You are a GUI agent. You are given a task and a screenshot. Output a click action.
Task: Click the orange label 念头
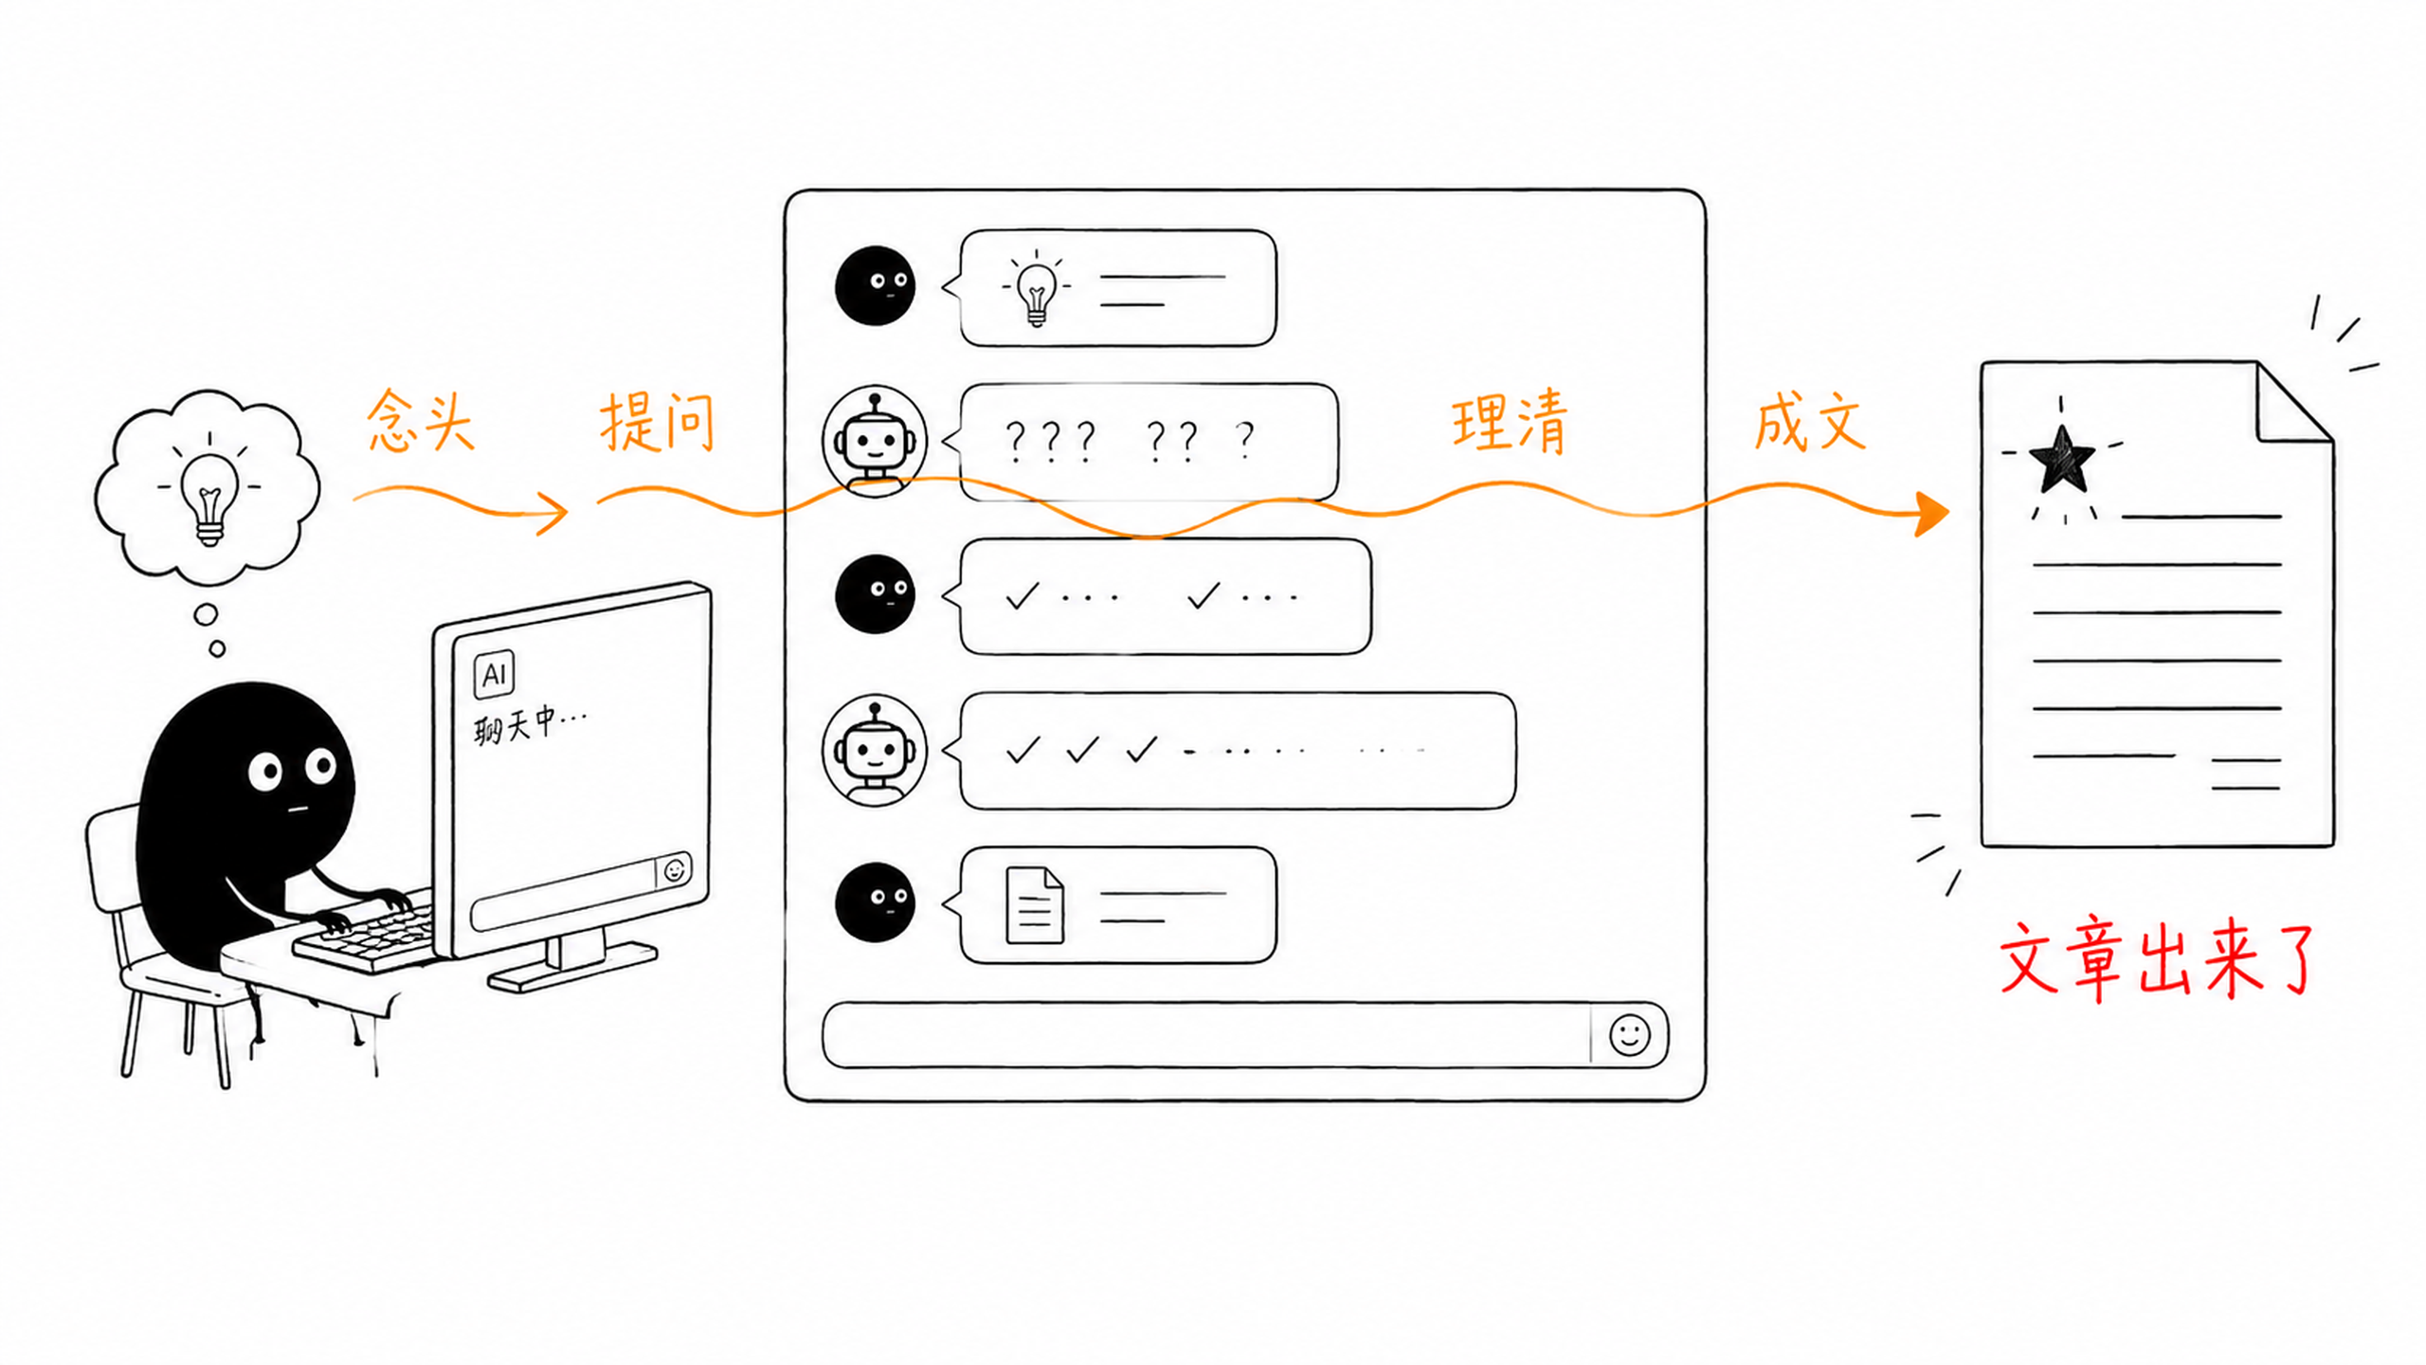pos(421,419)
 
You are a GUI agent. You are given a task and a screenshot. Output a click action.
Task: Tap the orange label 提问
pos(657,421)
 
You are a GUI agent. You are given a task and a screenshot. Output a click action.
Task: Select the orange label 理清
pos(1510,421)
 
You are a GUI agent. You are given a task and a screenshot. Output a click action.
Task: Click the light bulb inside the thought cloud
pos(209,499)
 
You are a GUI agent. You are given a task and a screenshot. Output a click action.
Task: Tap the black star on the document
pos(2061,461)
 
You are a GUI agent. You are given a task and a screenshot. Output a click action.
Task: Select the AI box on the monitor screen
pos(494,674)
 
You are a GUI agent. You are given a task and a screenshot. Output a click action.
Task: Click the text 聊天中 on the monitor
pos(517,725)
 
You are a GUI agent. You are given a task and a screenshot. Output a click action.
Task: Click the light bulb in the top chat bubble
pos(1036,289)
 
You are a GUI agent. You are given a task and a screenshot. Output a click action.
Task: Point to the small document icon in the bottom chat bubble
pos(1034,905)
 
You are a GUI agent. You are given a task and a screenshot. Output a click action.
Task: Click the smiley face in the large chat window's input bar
pos(1629,1034)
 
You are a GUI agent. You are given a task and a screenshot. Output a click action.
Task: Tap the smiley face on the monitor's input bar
pos(675,869)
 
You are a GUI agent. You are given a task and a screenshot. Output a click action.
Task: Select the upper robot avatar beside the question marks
pos(875,440)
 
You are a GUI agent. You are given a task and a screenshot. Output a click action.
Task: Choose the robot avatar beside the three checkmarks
pos(875,751)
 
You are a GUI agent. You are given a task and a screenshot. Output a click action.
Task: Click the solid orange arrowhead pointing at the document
pos(1931,514)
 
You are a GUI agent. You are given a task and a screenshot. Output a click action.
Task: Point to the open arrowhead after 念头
pos(553,513)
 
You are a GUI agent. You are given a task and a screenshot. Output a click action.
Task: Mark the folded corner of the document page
pos(2293,404)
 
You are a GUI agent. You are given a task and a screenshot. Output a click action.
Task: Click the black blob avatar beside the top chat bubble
pos(875,285)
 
